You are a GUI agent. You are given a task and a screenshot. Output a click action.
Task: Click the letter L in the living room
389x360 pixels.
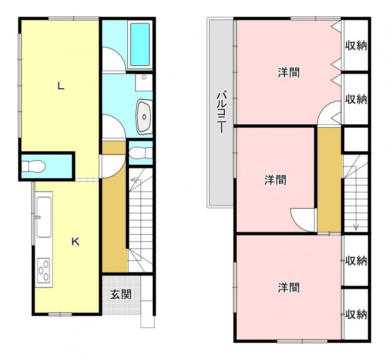point(61,86)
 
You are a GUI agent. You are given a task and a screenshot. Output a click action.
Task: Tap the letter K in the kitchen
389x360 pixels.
point(75,241)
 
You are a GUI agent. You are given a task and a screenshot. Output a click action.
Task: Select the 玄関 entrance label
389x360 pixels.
point(121,294)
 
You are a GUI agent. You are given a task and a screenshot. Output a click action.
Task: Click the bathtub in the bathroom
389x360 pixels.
point(140,44)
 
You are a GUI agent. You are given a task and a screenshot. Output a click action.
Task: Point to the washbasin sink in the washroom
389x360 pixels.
point(144,116)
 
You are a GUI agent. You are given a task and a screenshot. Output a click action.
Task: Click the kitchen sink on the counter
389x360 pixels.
point(44,216)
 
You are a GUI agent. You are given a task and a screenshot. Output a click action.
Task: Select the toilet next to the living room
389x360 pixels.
point(34,166)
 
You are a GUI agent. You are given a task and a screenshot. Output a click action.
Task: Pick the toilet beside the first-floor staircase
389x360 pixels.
point(141,153)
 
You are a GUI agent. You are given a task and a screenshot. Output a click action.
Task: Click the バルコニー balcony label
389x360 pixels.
point(221,113)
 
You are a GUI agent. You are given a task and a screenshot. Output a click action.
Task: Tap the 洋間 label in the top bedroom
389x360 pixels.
point(289,72)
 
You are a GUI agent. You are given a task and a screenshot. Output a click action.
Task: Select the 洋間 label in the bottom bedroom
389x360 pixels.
point(289,288)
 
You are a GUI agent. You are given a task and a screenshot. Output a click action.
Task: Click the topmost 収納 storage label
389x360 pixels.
point(356,46)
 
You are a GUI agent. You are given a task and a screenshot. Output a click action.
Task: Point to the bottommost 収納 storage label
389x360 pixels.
point(356,314)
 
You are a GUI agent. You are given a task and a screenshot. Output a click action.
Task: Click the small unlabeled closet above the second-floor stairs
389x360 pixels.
point(355,139)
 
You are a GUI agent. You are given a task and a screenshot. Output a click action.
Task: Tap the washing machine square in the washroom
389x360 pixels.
point(144,82)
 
